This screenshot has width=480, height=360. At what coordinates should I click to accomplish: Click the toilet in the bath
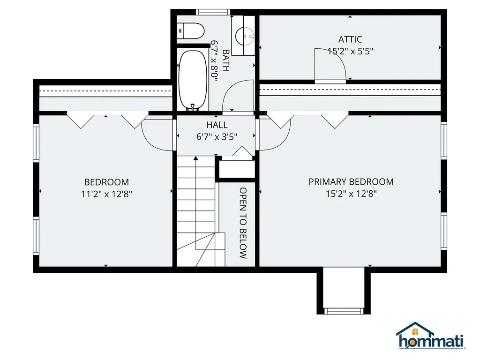point(190,30)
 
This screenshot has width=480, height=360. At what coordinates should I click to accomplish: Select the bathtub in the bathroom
point(193,80)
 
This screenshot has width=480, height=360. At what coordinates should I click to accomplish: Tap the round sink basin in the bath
point(244,36)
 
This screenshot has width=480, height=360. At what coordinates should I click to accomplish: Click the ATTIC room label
point(350,39)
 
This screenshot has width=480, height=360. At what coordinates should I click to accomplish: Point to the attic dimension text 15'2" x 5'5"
point(350,51)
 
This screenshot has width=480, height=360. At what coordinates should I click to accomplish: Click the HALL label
point(217,125)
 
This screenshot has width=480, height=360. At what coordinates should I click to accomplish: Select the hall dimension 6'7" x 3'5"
point(217,136)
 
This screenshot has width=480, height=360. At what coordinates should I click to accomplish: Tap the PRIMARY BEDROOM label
point(351,182)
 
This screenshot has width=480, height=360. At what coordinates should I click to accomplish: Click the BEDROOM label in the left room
point(106,182)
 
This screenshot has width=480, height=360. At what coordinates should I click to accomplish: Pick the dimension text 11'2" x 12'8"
point(106,194)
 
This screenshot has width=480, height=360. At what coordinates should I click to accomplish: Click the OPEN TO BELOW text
point(243,223)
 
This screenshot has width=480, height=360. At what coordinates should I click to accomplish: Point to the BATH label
point(225,60)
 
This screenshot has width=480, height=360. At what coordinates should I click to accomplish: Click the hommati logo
point(431,336)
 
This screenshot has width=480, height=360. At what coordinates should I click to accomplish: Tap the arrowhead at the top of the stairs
point(195,158)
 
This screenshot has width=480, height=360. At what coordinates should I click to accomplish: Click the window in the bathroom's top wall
point(213,12)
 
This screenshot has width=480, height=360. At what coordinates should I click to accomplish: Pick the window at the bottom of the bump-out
point(344,311)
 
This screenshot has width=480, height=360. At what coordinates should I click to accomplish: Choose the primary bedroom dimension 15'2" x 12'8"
point(351,194)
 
